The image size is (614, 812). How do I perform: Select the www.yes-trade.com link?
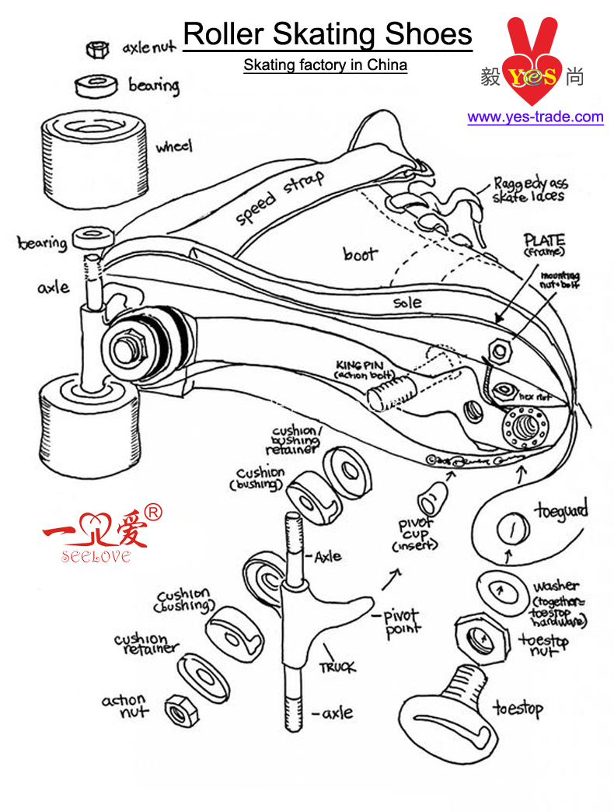(x=535, y=117)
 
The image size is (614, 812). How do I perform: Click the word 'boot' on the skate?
(x=360, y=254)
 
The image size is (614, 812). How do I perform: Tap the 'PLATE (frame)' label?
(x=544, y=244)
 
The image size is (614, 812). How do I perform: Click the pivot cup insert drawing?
(x=431, y=494)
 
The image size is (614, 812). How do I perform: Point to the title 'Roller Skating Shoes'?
(x=327, y=34)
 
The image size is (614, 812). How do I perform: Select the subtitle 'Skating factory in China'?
(x=325, y=65)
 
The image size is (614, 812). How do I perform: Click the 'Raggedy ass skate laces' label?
(x=530, y=191)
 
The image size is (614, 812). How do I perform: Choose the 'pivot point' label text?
(x=403, y=623)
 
